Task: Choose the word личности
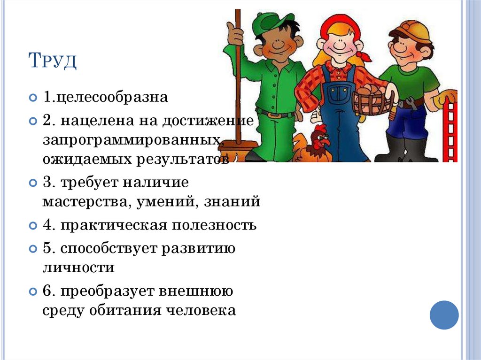78,268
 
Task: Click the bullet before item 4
32,226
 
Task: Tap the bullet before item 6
32,291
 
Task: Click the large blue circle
444,315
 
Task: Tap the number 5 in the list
47,249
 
